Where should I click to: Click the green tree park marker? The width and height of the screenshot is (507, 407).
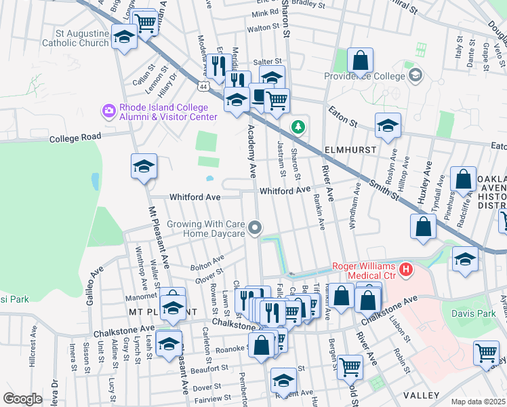coord(297,127)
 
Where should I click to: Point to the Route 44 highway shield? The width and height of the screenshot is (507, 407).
coord(203,86)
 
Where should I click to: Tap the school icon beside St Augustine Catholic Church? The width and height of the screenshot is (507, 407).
coord(124,37)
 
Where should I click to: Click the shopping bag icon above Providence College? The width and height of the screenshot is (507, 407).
coord(361,60)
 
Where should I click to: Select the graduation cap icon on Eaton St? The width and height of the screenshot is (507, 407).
coord(388,125)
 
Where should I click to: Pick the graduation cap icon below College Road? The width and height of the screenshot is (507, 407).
coord(144,166)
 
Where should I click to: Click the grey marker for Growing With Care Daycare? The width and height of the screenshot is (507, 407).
coord(255,228)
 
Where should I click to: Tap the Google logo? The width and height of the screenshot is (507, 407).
coord(22,399)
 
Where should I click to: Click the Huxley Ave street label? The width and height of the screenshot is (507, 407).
coord(425,183)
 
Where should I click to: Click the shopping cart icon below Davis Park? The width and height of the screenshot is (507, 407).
coord(486,353)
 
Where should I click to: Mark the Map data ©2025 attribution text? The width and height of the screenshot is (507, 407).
coord(478,402)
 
